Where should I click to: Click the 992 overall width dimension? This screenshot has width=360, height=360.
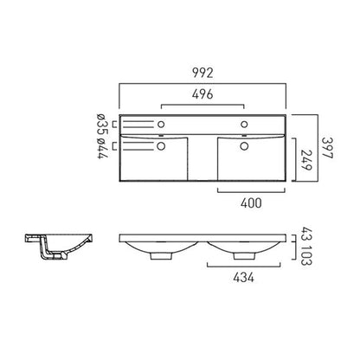pos(202,73)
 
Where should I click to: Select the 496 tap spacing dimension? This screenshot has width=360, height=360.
pos(202,94)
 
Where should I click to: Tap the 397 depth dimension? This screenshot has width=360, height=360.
pos(327,148)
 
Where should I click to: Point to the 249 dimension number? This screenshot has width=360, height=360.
pos(306,160)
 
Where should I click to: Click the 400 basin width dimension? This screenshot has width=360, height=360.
pos(251,203)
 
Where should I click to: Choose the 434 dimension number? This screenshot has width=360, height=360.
pos(244,278)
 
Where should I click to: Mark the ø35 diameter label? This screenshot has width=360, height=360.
pos(102,124)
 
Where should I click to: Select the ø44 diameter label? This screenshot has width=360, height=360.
pos(102,149)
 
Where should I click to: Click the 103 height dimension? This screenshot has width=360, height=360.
pos(306,255)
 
